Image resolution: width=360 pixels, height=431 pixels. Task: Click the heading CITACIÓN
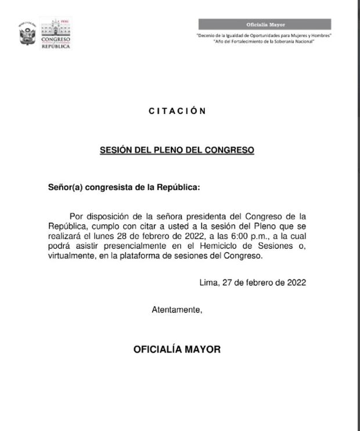[177, 112]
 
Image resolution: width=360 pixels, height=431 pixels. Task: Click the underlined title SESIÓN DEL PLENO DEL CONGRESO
[177, 150]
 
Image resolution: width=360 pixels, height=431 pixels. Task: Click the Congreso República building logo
[56, 34]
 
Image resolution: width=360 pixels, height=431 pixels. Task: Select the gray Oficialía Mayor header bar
[264, 24]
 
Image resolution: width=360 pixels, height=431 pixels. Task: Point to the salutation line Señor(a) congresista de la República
[123, 188]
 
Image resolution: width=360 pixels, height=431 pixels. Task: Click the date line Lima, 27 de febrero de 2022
[252, 283]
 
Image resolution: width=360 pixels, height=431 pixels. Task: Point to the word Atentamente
[177, 310]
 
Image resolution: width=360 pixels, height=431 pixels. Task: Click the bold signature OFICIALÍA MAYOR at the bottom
[177, 350]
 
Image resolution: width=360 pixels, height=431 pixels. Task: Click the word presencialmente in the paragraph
[143, 246]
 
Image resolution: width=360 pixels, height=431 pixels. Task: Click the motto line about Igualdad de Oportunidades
[264, 36]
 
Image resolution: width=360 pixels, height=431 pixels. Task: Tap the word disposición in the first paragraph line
[105, 217]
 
